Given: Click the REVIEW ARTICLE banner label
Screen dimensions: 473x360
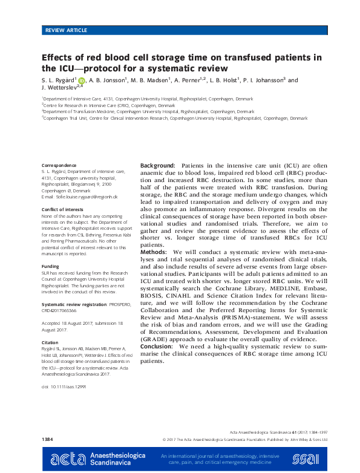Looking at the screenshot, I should pyautogui.click(x=66, y=30).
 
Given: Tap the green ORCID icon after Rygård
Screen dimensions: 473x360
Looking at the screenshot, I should pyautogui.click(x=81, y=80).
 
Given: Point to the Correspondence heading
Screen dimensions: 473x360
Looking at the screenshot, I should pyautogui.click(x=59, y=165).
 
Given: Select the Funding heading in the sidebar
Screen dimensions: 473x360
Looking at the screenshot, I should pyautogui.click(x=50, y=266).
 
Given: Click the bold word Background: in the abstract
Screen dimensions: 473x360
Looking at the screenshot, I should pyautogui.click(x=158, y=165).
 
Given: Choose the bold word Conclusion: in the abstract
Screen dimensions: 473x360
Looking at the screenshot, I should pyautogui.click(x=159, y=346).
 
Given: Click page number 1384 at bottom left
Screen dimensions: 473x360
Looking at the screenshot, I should pyautogui.click(x=48, y=437).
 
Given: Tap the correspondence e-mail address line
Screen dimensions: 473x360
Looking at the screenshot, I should pyautogui.click(x=79, y=197).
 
